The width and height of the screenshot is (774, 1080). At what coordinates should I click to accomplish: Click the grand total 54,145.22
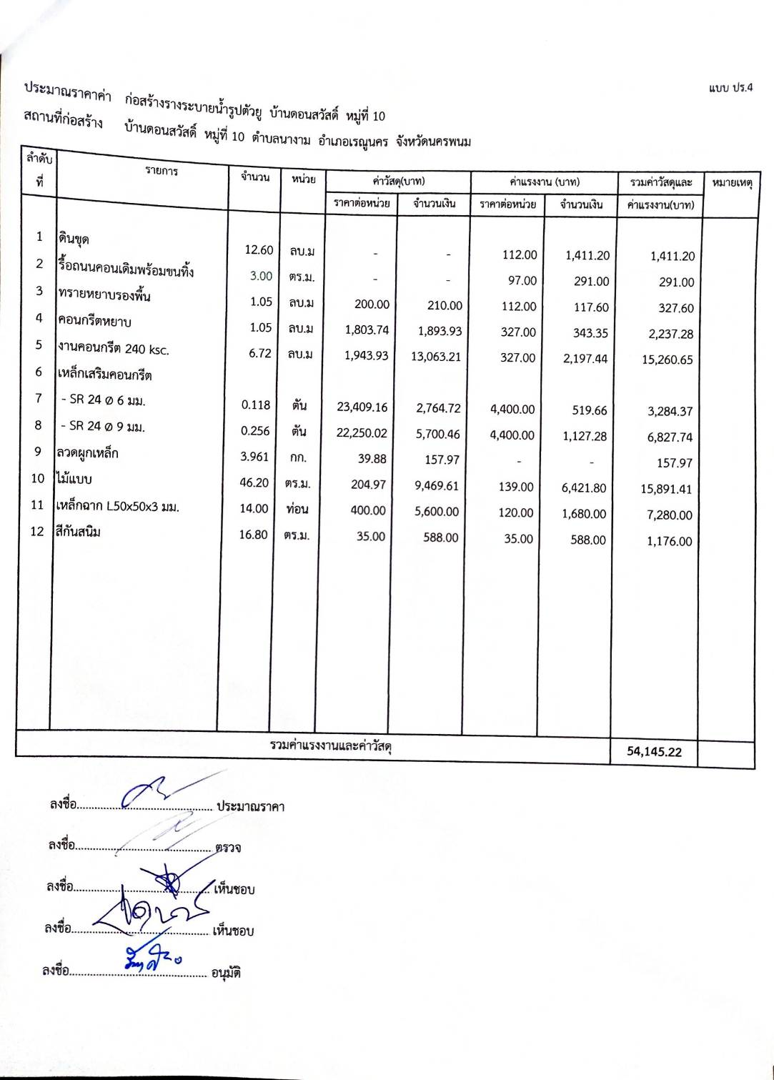654,751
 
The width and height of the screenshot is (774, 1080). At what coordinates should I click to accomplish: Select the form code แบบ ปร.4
730,88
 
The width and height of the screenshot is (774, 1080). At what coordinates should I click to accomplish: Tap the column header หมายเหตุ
732,183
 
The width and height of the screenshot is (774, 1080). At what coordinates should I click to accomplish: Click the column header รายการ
162,171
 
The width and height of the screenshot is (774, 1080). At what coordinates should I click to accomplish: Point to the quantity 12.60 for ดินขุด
259,249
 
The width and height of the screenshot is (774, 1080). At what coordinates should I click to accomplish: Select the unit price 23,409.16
362,407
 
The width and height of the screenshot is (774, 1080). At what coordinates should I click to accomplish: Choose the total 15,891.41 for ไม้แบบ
666,489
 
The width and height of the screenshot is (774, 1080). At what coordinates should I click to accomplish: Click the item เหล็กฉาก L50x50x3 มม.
118,506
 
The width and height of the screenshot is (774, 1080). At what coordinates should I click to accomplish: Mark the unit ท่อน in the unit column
297,509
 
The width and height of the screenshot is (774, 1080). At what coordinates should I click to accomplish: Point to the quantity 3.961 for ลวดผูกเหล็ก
254,456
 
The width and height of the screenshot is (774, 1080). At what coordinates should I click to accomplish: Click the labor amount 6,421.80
584,488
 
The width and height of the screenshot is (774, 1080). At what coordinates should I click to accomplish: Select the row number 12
37,531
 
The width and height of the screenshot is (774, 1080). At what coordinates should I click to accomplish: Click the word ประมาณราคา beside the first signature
251,807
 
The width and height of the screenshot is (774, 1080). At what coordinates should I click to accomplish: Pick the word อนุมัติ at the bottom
226,973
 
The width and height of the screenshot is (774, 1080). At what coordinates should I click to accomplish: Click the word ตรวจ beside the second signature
228,848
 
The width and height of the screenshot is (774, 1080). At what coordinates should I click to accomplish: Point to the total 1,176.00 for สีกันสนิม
670,541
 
